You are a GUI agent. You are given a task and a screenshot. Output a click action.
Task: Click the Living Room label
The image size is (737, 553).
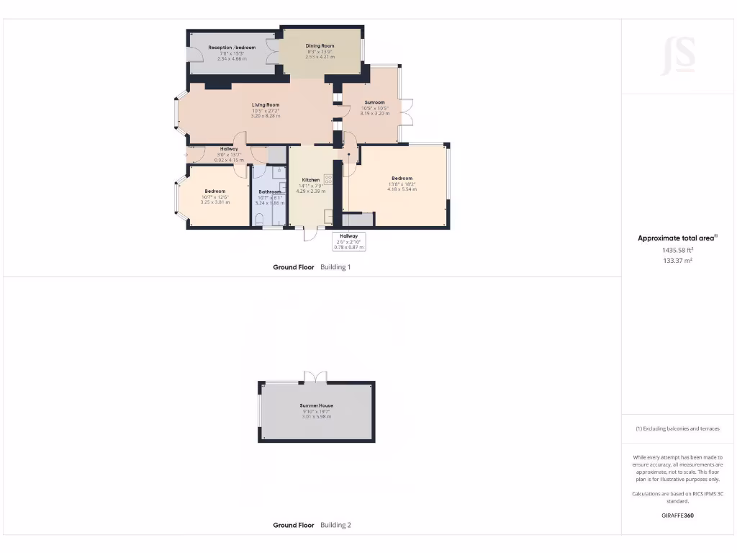(266, 105)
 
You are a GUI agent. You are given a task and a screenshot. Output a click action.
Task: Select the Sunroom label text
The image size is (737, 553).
(374, 102)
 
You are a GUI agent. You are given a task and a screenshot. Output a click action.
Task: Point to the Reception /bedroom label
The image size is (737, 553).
(232, 48)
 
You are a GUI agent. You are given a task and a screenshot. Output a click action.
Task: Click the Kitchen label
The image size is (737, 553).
(310, 180)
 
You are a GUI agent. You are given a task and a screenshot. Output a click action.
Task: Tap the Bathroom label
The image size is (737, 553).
(270, 192)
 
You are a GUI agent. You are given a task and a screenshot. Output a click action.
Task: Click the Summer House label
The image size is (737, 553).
(317, 406)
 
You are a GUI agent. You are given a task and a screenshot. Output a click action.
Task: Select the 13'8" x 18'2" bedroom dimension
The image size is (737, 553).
(402, 184)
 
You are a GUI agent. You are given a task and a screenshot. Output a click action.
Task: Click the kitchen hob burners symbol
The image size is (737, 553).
(328, 179)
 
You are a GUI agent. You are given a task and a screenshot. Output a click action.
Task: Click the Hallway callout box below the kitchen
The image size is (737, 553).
(348, 241)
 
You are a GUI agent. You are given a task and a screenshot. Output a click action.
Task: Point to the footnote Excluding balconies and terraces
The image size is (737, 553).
(677, 428)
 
